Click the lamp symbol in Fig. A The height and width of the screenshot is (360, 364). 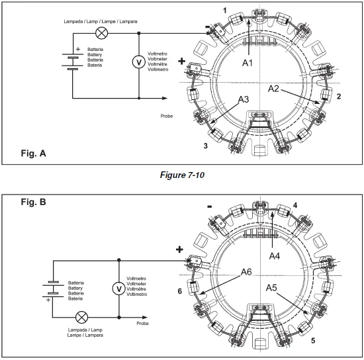tap(102, 33)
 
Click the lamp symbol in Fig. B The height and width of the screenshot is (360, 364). tap(81, 317)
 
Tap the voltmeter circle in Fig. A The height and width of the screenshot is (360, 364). tap(139, 62)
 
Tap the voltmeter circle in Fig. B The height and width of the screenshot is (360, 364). tap(119, 289)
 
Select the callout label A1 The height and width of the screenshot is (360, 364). tap(248, 63)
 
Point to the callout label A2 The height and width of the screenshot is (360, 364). tap(273, 89)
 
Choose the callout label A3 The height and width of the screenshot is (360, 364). tap(244, 99)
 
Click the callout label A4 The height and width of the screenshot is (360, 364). tap(275, 256)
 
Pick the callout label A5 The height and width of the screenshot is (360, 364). tap(271, 288)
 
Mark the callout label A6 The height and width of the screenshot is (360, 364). tap(246, 272)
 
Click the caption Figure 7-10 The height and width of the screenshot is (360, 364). tap(182, 175)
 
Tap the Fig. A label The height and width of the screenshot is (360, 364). tap(34, 153)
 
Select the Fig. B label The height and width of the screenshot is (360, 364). tap(34, 202)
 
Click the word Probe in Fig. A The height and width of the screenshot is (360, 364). tap(167, 116)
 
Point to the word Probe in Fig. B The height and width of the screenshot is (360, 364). tap(142, 324)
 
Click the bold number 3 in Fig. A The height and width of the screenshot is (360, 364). tap(205, 146)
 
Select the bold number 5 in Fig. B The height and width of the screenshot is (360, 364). tap(313, 341)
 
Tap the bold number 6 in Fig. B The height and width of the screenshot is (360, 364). tap(179, 291)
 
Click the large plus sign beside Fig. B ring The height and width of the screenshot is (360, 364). tap(179, 249)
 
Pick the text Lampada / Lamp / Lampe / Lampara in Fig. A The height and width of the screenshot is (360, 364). tap(101, 22)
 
